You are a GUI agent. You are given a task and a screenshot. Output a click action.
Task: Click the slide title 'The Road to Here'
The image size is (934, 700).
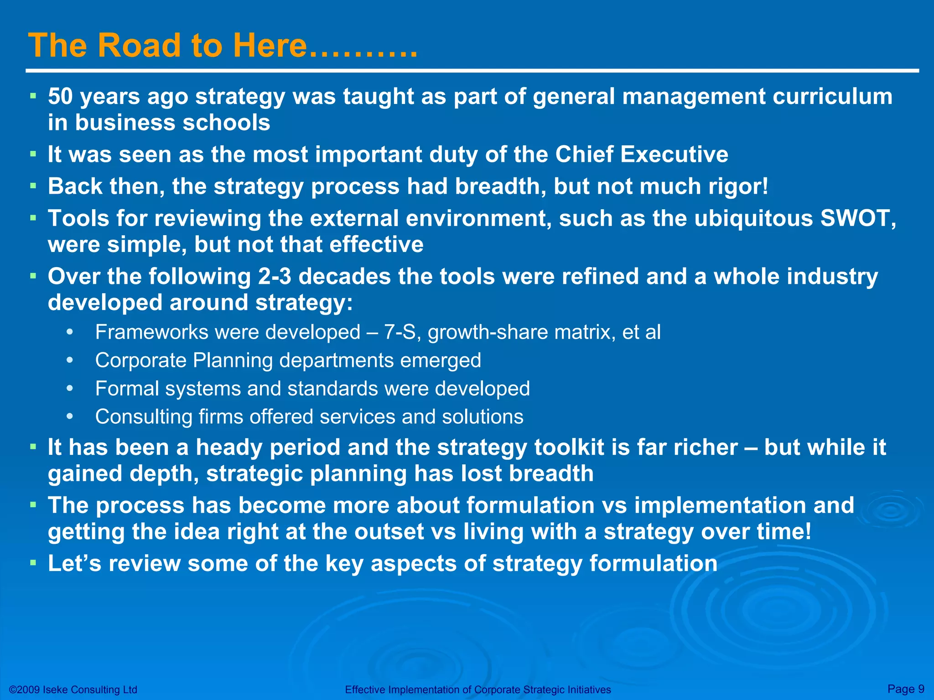coord(167,46)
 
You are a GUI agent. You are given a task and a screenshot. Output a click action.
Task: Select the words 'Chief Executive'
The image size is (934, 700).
coord(641,154)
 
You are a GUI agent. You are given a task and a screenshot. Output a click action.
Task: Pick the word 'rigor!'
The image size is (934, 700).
coord(738,186)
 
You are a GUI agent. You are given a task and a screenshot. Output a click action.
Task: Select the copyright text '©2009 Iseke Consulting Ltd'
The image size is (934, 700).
coord(73,690)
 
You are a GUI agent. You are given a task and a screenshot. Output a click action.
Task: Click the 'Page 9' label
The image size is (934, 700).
coord(906,689)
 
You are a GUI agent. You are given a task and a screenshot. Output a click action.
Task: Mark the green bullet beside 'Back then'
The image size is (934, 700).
coord(33,186)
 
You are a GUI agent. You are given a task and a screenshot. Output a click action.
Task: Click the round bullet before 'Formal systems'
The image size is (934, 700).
coord(69,389)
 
